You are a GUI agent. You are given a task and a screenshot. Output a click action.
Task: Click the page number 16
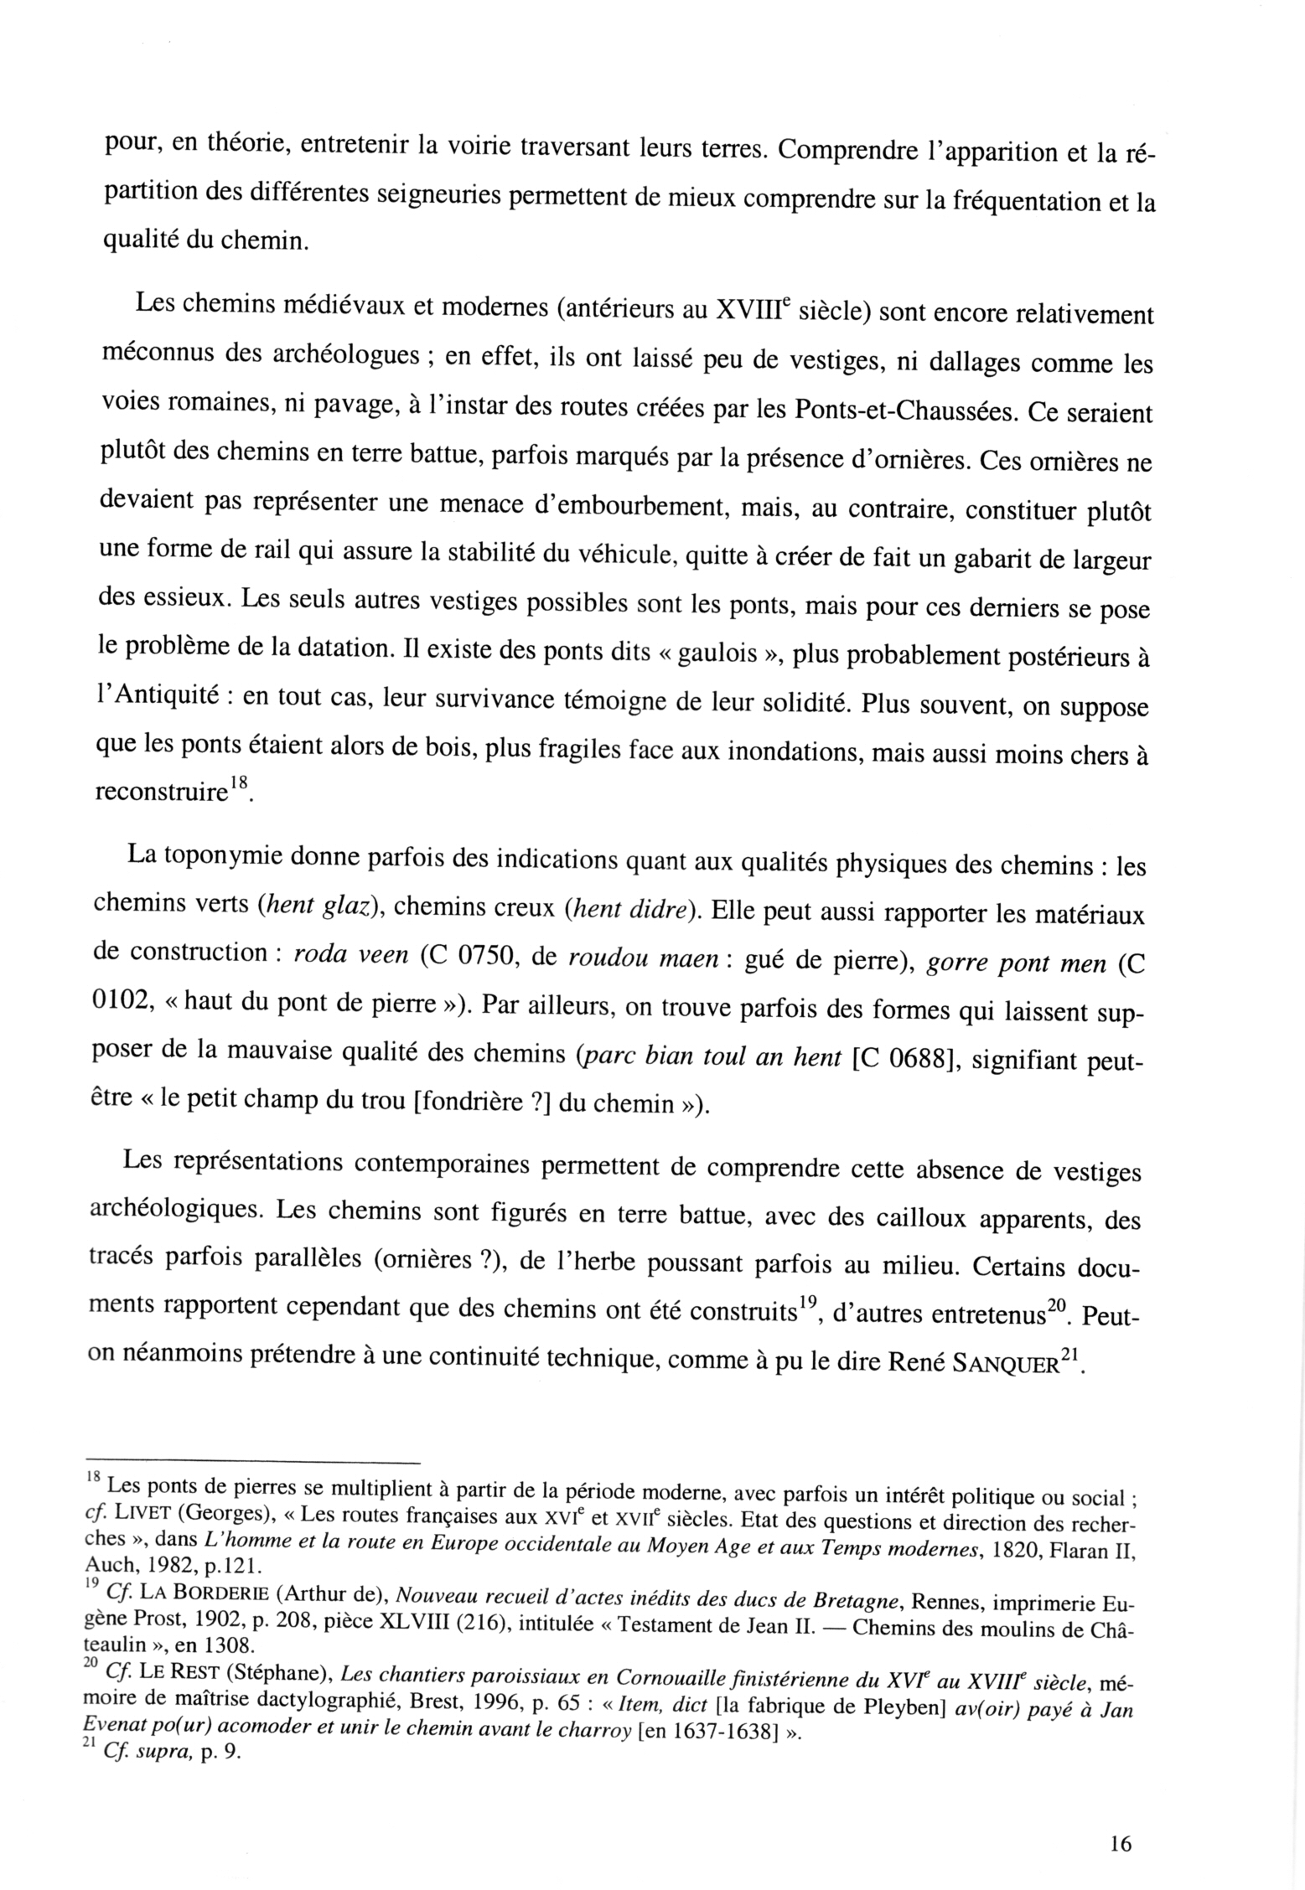click(1120, 1843)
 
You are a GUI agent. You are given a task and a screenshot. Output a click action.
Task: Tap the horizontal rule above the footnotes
click(251, 1459)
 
